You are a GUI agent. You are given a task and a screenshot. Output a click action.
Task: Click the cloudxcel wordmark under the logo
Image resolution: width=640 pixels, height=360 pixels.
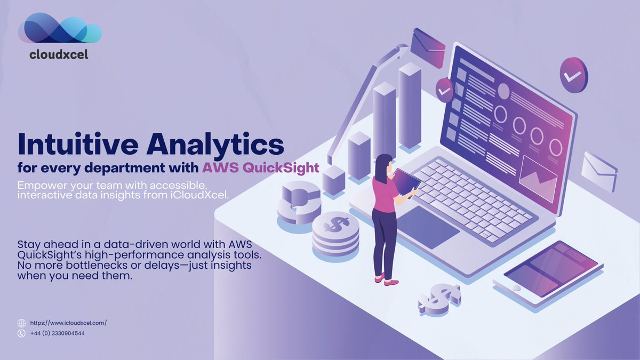pos(58,54)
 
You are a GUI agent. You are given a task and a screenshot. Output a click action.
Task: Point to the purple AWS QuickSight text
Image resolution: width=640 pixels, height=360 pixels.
pos(260,168)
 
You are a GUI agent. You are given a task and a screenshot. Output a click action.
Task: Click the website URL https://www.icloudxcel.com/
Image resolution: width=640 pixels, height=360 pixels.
pos(68,323)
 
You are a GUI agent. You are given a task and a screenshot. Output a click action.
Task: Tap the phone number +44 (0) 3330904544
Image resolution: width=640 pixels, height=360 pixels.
pos(58,333)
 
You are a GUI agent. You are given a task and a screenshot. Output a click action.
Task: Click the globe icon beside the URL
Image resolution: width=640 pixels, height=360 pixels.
pos(21,323)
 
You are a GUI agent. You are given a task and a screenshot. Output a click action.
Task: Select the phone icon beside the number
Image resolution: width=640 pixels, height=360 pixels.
pos(21,333)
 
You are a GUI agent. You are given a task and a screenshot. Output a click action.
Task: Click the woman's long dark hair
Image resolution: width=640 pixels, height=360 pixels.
pos(382,167)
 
